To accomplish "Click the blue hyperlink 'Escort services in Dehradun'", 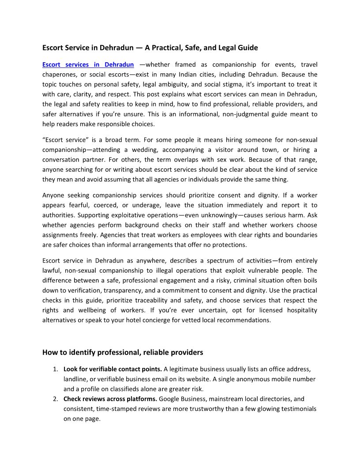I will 88,65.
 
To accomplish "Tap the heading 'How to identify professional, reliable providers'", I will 123,352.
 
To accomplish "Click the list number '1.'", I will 56,369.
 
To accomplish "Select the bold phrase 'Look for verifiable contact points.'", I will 112,369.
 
